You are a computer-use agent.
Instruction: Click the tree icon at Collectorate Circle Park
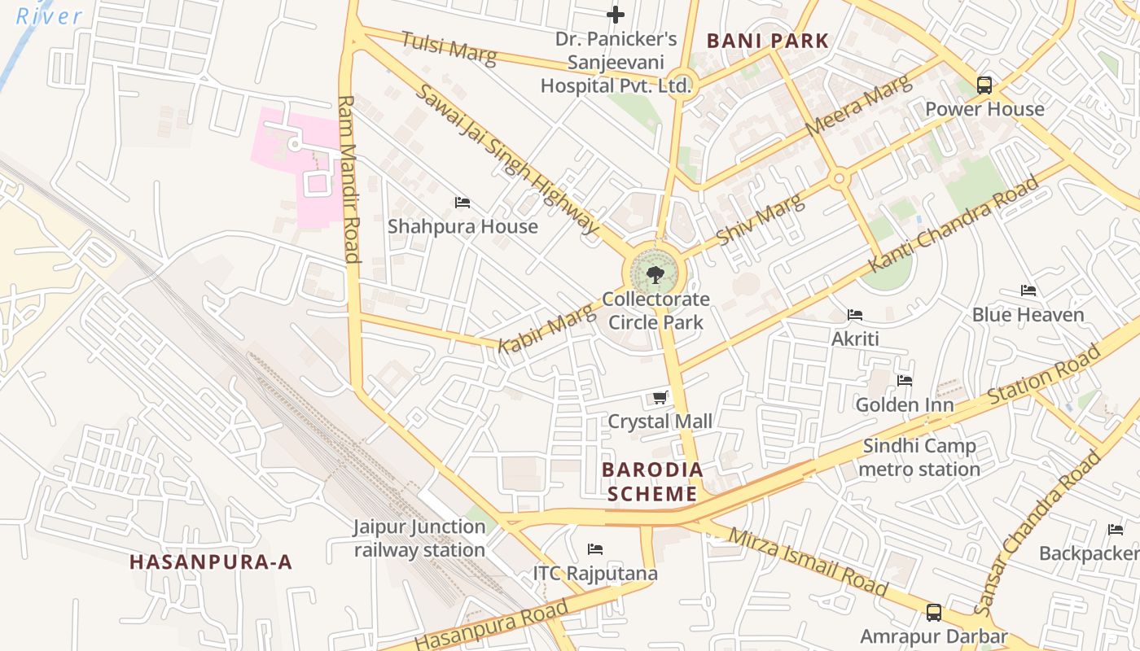655,275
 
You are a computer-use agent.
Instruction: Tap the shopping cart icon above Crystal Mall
660,398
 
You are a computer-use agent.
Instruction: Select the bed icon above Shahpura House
463,202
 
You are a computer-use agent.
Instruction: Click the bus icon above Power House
984,85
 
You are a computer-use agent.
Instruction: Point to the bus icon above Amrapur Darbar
934,612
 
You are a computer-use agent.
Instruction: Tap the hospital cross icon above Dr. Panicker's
616,15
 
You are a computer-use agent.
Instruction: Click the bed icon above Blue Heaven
1028,291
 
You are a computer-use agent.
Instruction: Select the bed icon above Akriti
855,315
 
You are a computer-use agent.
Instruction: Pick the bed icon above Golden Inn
904,381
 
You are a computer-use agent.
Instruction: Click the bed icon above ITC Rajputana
595,549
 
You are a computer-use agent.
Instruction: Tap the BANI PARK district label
767,41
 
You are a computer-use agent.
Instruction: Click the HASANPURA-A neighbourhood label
211,561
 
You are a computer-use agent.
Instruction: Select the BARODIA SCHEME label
651,482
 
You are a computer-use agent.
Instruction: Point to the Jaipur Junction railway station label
419,539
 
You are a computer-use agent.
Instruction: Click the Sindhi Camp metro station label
919,457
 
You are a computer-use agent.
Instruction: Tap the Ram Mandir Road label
349,179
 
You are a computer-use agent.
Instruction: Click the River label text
49,15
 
